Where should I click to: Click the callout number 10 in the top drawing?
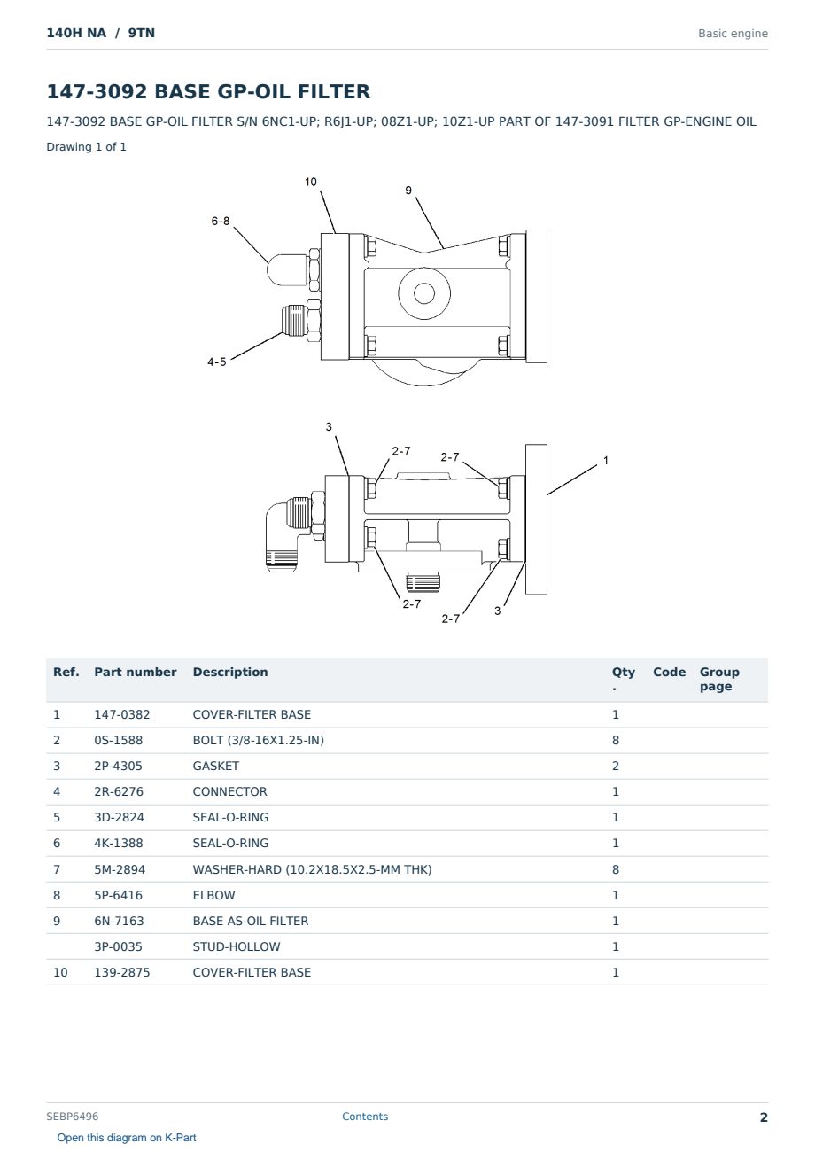tap(311, 182)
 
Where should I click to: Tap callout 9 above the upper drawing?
tap(408, 191)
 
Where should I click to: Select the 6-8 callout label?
tap(221, 222)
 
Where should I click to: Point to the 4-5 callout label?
tap(216, 362)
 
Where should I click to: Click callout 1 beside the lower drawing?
tap(606, 461)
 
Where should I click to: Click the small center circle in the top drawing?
tap(424, 293)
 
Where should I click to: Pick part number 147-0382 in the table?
tap(122, 714)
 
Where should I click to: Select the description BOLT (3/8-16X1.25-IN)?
tap(258, 740)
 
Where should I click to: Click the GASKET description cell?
tap(216, 766)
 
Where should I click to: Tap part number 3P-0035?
tap(118, 946)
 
